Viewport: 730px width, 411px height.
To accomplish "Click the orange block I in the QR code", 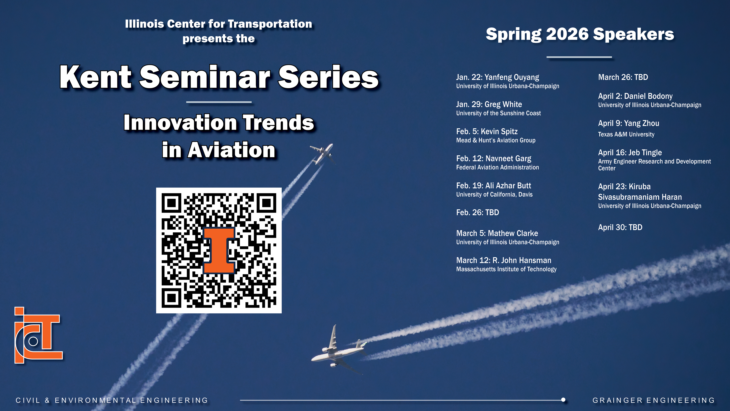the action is point(219,250).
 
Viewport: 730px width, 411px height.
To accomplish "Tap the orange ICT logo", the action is point(38,336).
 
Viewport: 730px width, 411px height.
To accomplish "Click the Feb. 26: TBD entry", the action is point(478,212).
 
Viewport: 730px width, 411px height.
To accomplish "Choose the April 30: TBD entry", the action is point(620,228).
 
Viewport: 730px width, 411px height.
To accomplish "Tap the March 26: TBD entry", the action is point(623,77).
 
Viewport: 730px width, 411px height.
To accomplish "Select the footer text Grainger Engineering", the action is point(654,400).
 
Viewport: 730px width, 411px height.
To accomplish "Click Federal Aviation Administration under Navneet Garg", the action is point(497,167).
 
